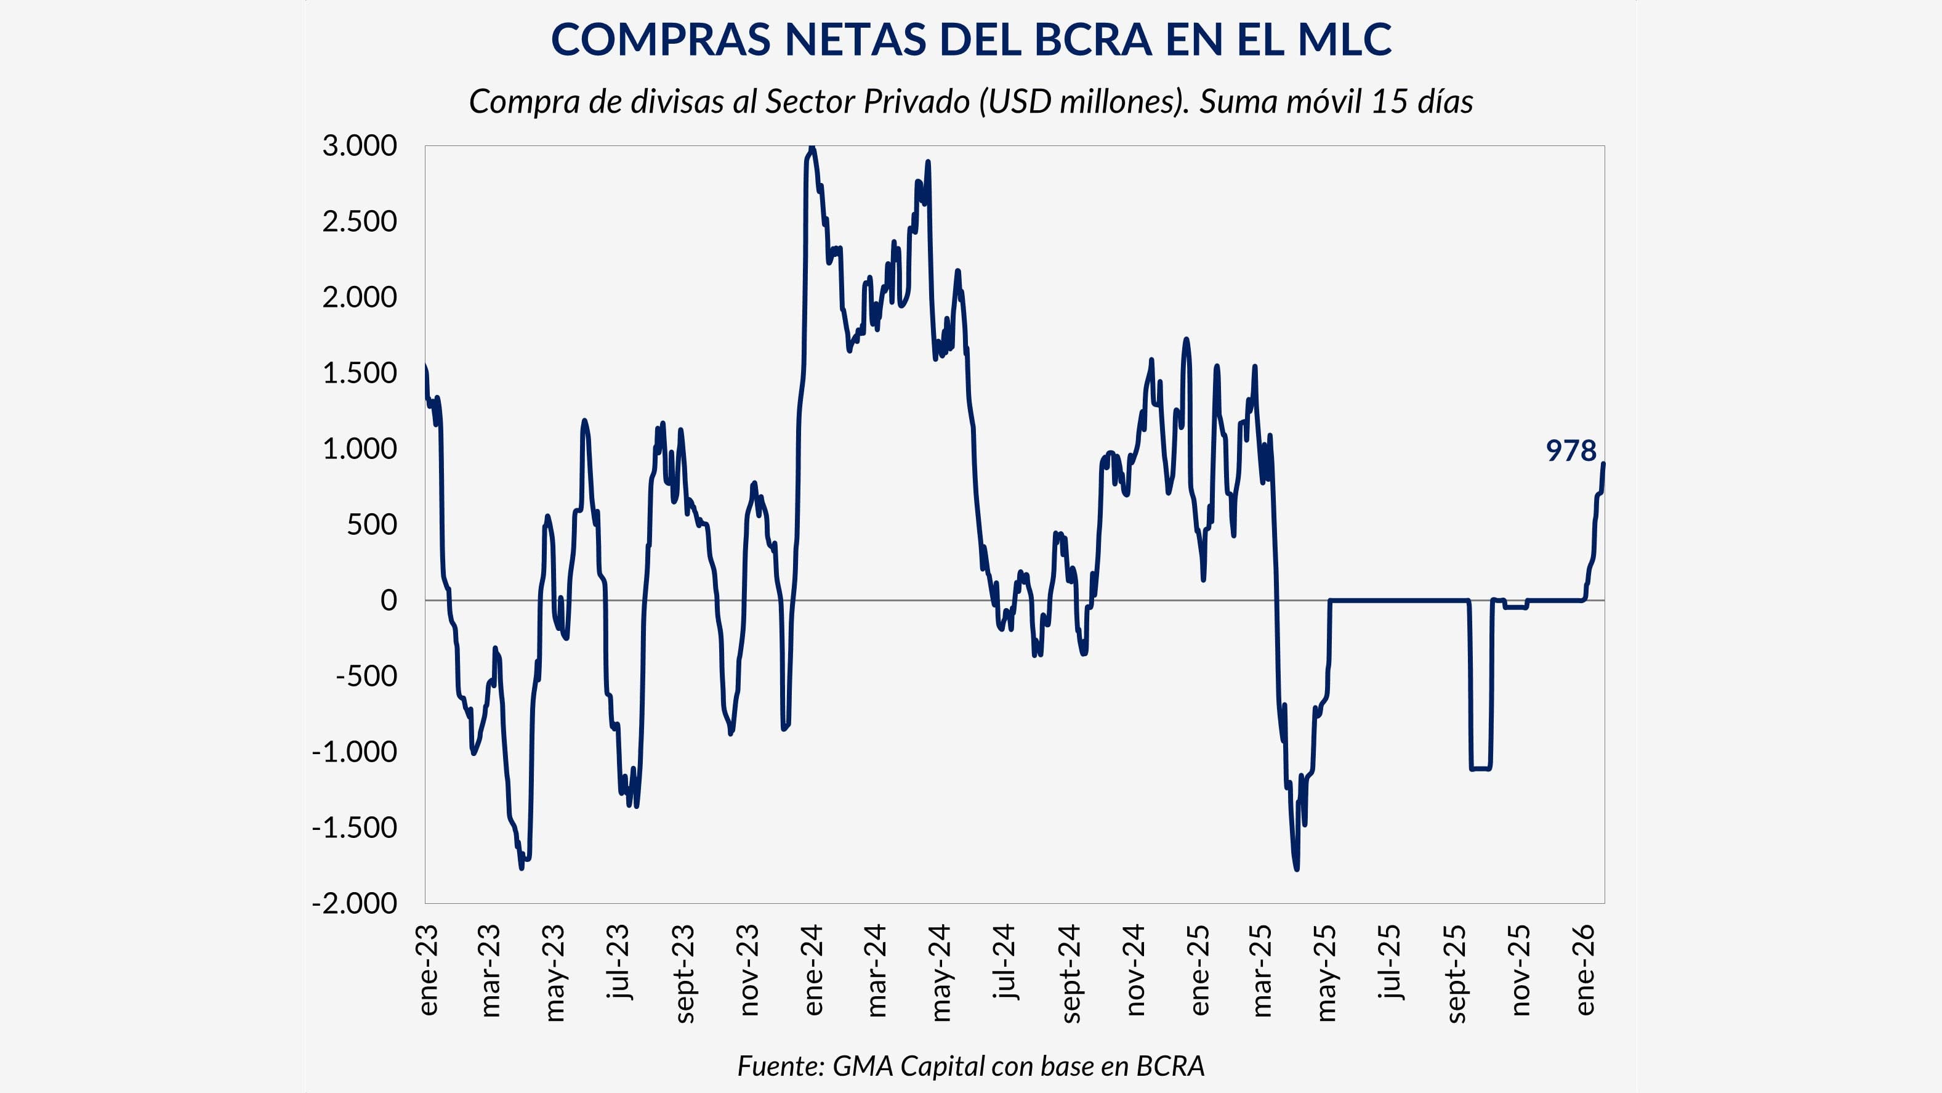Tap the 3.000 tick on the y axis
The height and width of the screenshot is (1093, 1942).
coord(359,145)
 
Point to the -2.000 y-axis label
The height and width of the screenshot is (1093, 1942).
coord(353,903)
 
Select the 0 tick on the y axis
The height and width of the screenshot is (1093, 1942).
coord(389,601)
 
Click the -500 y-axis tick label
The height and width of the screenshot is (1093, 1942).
coord(366,676)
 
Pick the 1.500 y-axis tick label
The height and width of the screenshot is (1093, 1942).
coord(359,373)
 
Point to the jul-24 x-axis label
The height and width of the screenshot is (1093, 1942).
coord(1005,962)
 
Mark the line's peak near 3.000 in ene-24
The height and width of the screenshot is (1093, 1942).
coord(811,148)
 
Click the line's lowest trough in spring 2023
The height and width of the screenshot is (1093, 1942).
coord(522,867)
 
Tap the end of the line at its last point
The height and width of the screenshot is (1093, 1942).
coord(1603,463)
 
